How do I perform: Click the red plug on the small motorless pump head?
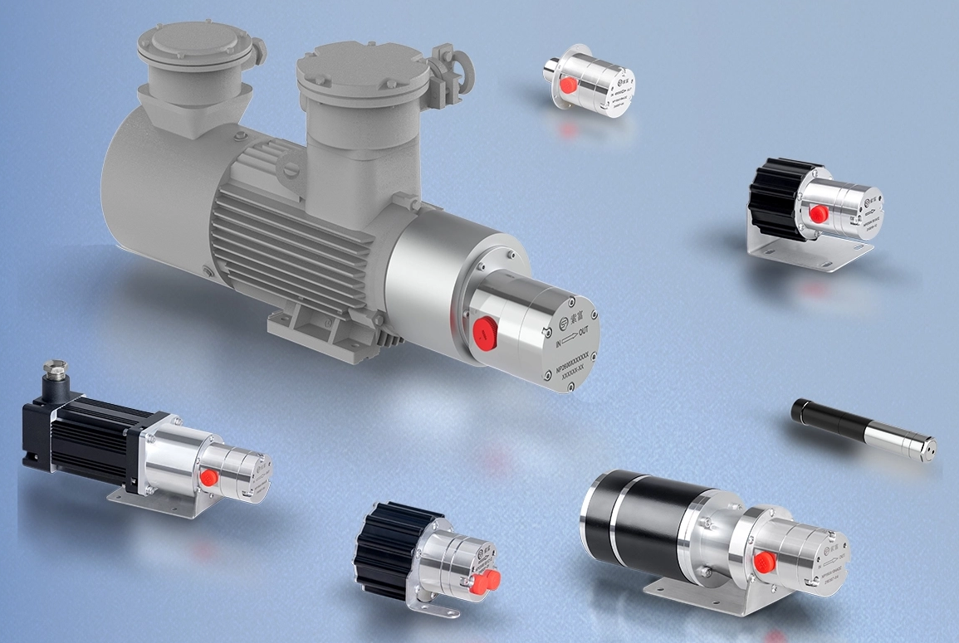pyautogui.click(x=569, y=85)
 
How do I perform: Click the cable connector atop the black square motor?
pyautogui.click(x=56, y=373)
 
